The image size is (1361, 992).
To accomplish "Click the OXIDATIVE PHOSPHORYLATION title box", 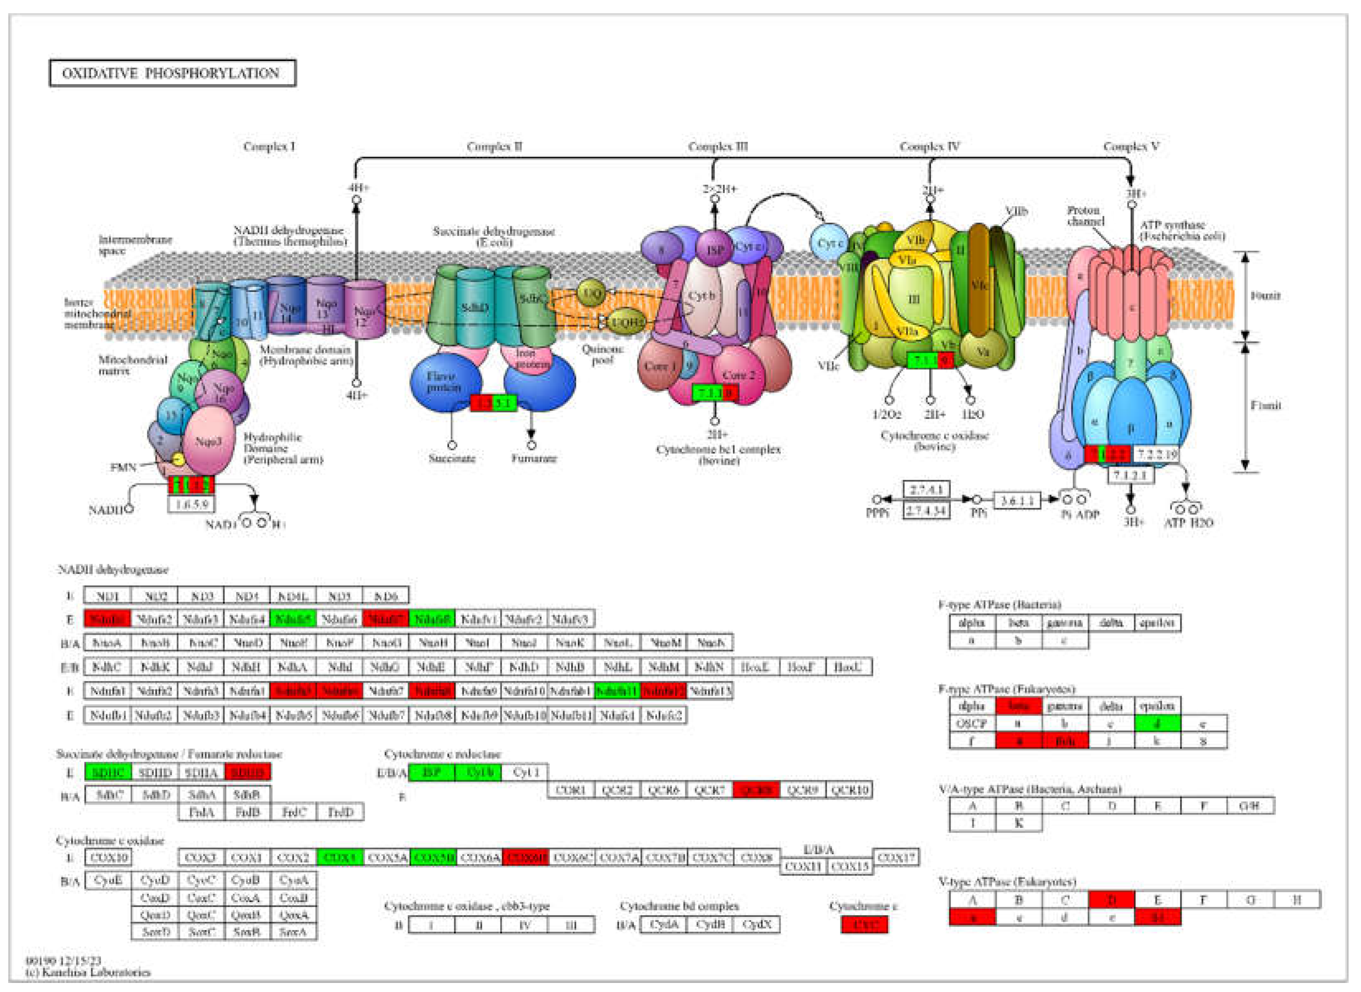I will pyautogui.click(x=172, y=73).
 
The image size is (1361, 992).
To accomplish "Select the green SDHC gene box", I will pyautogui.click(x=108, y=772).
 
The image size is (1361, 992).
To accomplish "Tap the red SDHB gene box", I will pyautogui.click(x=248, y=772).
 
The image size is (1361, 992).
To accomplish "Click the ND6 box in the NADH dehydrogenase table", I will pyautogui.click(x=386, y=596).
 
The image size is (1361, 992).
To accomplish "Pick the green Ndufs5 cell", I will pyautogui.click(x=292, y=618).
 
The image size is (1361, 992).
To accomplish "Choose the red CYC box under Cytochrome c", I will pyautogui.click(x=864, y=925).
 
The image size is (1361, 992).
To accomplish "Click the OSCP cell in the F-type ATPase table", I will pyautogui.click(x=972, y=723).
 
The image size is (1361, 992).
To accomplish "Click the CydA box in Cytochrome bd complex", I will pyautogui.click(x=664, y=925).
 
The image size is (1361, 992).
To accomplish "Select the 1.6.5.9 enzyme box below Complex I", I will pyautogui.click(x=191, y=503).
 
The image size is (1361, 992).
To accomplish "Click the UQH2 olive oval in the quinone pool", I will pyautogui.click(x=626, y=323).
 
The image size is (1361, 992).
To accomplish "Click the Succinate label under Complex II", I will pyautogui.click(x=452, y=459).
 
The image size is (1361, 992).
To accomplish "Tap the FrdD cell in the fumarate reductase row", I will pyautogui.click(x=340, y=812).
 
